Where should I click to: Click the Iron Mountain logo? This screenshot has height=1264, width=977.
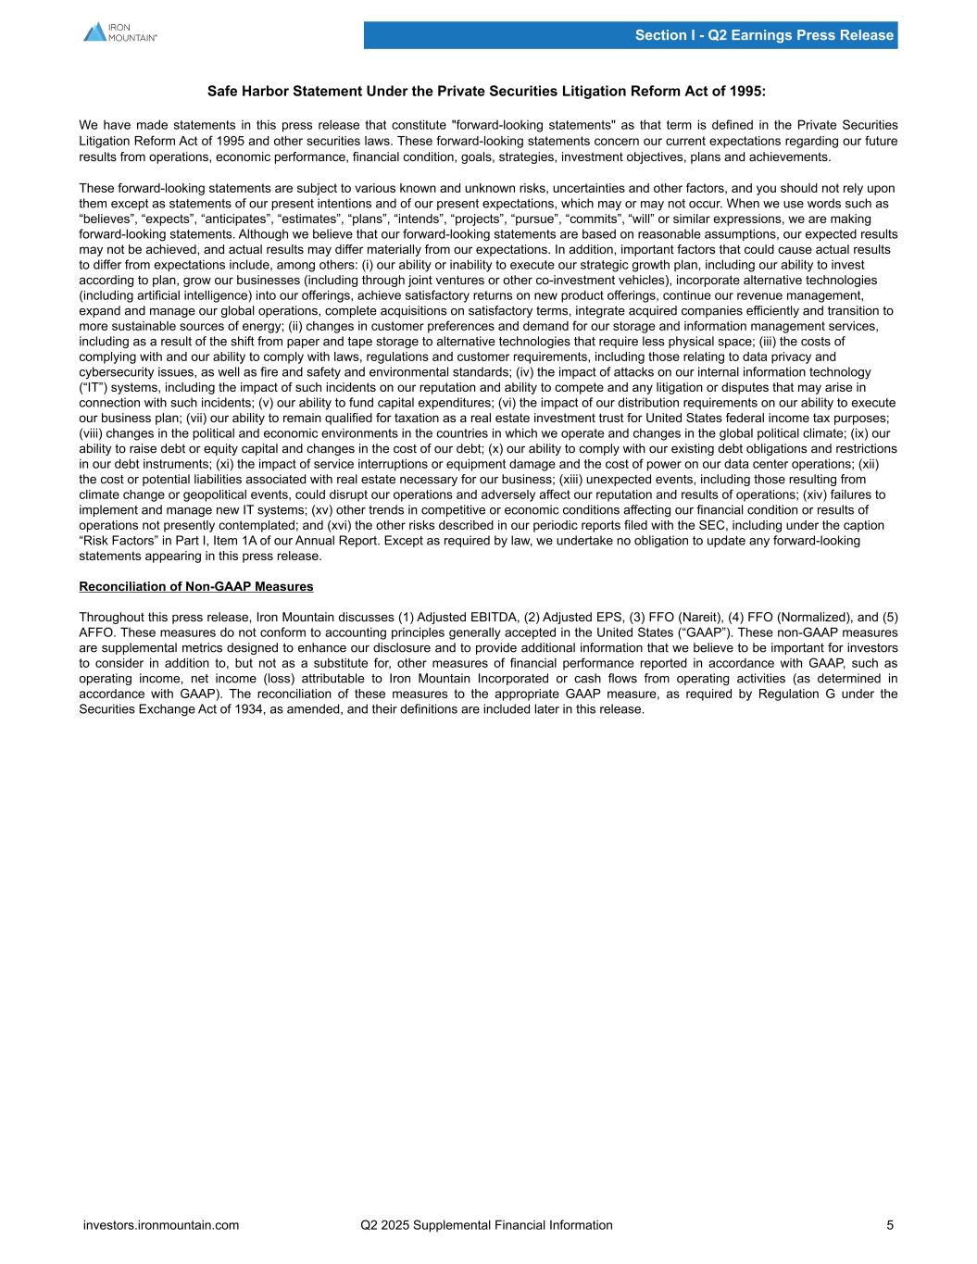119,32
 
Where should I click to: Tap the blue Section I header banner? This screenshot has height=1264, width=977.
630,35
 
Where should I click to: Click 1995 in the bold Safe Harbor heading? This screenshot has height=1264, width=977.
746,92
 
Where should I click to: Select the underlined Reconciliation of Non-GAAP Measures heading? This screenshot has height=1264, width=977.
196,586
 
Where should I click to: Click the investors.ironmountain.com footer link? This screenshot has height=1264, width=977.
161,1225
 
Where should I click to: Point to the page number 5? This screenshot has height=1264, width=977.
890,1225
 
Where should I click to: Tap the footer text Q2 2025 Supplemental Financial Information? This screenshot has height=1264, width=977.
486,1225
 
